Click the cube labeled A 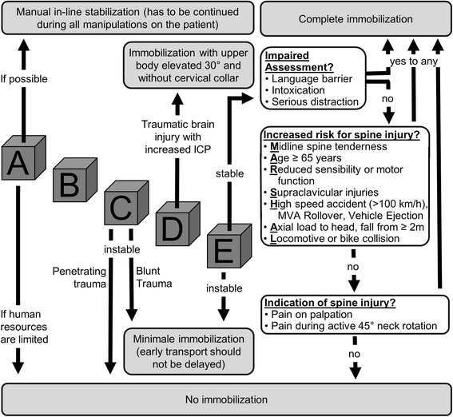(x=24, y=158)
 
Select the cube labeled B (x=75, y=180)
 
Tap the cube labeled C (x=126, y=203)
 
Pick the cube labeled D (x=177, y=224)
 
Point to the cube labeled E (x=229, y=246)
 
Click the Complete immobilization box (x=356, y=18)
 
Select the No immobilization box (x=227, y=399)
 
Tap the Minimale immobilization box (x=189, y=351)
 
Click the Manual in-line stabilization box (x=127, y=18)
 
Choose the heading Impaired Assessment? (x=300, y=62)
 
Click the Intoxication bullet (x=296, y=90)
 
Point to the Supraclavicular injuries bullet (x=321, y=193)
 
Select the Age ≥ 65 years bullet (x=303, y=158)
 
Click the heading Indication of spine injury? (x=330, y=303)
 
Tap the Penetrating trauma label (x=79, y=277)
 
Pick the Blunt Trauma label (x=154, y=277)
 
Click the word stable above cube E (x=229, y=173)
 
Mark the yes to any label (x=414, y=62)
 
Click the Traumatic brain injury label (x=178, y=137)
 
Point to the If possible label (x=24, y=79)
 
